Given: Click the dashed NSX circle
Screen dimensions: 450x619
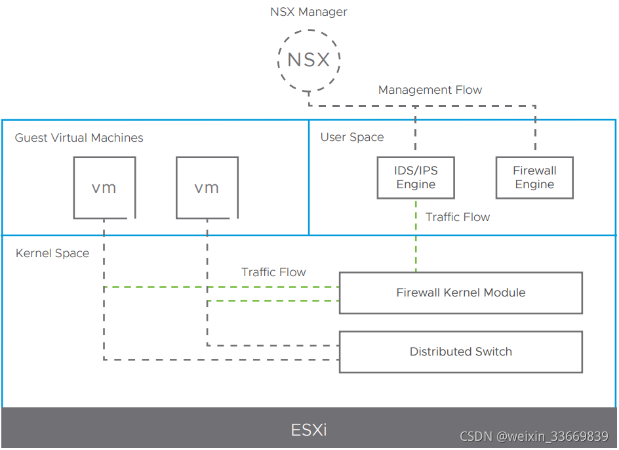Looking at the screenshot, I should point(308,60).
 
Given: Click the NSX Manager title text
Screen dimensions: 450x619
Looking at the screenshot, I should point(308,12).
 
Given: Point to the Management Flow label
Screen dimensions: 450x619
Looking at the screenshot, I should point(430,90).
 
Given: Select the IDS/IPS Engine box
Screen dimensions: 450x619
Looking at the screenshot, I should point(416,177).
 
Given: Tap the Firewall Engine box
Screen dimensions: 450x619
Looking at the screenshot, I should point(534,177).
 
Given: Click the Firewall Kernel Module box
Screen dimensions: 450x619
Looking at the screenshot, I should point(460,293).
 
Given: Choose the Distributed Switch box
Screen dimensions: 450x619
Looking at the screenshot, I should point(460,352).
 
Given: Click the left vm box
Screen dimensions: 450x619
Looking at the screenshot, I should point(104,188).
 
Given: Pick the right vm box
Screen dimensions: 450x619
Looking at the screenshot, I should point(207,188).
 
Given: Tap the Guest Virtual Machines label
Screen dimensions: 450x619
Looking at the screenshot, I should point(79,138).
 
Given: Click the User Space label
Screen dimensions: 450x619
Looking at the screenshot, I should point(352,137).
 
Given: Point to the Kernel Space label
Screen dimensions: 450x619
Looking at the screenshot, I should point(52,253).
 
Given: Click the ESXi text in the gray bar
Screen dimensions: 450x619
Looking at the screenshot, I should point(309,430).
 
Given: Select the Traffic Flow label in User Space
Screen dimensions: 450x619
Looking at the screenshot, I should point(458,217).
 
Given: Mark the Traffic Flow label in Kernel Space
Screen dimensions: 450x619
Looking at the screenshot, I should point(273,272).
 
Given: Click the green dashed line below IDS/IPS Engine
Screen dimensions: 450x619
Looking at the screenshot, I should point(416,236).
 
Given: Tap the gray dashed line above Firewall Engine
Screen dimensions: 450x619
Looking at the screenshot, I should point(535,131).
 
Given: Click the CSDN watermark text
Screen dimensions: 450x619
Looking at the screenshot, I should point(534,437).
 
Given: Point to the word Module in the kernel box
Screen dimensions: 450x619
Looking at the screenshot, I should point(504,293).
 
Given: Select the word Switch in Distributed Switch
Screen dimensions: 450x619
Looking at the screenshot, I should point(494,352).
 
